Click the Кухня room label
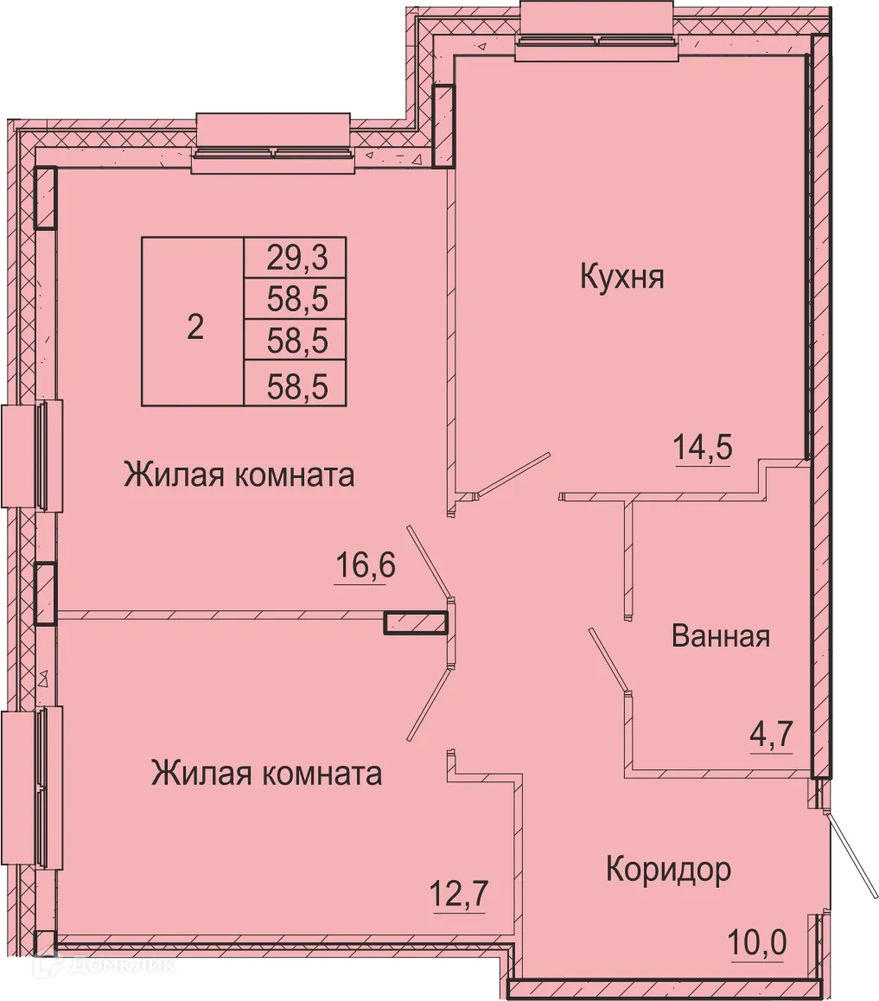[621, 278]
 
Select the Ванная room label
[720, 637]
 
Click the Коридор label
[668, 869]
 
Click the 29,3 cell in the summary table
[296, 258]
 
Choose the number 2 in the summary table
[195, 328]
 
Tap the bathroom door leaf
[608, 661]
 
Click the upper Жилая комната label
[239, 475]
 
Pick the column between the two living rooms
[417, 622]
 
